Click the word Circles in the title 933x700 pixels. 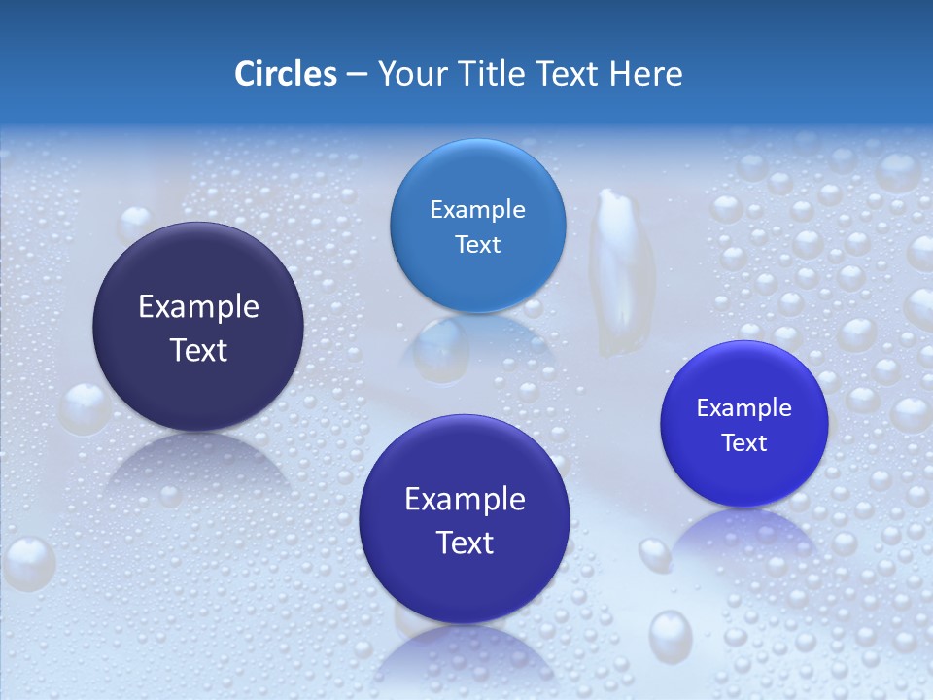click(285, 74)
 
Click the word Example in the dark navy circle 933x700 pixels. click(198, 307)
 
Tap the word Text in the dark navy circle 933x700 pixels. click(198, 350)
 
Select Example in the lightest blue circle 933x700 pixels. click(477, 210)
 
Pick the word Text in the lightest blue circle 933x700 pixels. click(477, 244)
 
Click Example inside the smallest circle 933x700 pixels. click(743, 408)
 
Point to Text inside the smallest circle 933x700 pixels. click(744, 442)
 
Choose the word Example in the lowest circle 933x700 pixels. click(465, 500)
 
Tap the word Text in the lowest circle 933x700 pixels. click(465, 542)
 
